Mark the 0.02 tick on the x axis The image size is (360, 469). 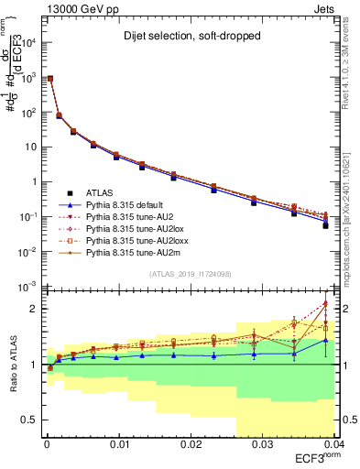(x=190, y=444)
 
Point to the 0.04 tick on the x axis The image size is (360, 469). (x=332, y=444)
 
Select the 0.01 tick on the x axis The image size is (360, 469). (x=118, y=444)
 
